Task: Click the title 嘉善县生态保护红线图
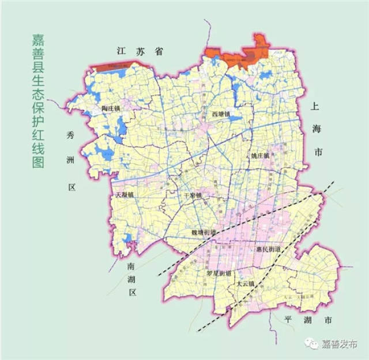[40, 100]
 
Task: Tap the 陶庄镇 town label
[110, 108]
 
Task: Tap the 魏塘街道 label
[204, 232]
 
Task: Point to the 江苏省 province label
[138, 51]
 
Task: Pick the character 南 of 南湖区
[132, 266]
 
